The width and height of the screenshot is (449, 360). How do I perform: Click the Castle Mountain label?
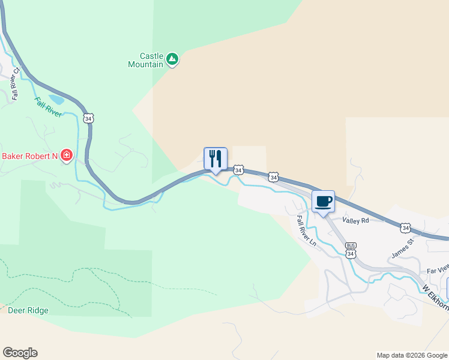(x=146, y=59)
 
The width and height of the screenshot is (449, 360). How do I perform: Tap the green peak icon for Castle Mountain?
(x=172, y=59)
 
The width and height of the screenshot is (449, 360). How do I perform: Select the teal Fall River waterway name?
(x=48, y=106)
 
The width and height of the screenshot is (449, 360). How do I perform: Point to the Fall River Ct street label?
(x=16, y=83)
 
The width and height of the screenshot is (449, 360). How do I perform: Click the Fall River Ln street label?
(x=306, y=231)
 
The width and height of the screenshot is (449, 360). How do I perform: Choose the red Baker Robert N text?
(x=29, y=157)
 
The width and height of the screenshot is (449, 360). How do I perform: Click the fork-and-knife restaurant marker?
(x=215, y=159)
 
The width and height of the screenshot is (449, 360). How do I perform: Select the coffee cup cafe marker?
(x=323, y=202)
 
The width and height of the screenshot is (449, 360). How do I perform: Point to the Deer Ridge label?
(x=28, y=311)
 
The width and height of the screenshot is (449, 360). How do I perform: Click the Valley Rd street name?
(x=355, y=221)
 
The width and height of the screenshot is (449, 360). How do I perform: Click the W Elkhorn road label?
(x=436, y=298)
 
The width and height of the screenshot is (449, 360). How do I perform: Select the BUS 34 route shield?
(x=351, y=250)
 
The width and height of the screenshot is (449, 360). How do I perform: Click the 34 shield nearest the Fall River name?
(x=89, y=118)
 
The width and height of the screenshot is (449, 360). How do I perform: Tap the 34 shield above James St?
(x=406, y=227)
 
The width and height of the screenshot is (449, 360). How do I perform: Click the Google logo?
(x=20, y=353)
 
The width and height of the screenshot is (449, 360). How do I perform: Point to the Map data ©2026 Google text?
(x=412, y=355)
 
